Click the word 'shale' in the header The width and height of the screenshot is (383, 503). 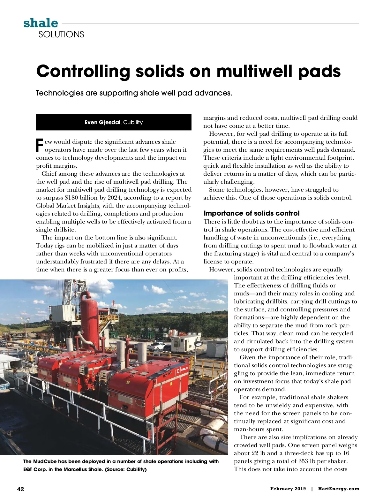(41, 23)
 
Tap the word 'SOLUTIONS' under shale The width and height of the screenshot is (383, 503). (61, 34)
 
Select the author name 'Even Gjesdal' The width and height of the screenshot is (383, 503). (102, 122)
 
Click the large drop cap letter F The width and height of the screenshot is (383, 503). (39, 145)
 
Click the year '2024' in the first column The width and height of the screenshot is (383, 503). (114, 198)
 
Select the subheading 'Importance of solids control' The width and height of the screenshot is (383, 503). (252, 213)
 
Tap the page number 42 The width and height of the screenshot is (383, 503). (20, 489)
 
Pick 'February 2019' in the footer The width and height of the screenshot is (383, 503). (288, 489)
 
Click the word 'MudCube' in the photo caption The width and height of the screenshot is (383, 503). (45, 461)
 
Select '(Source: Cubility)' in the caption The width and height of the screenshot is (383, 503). (126, 469)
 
